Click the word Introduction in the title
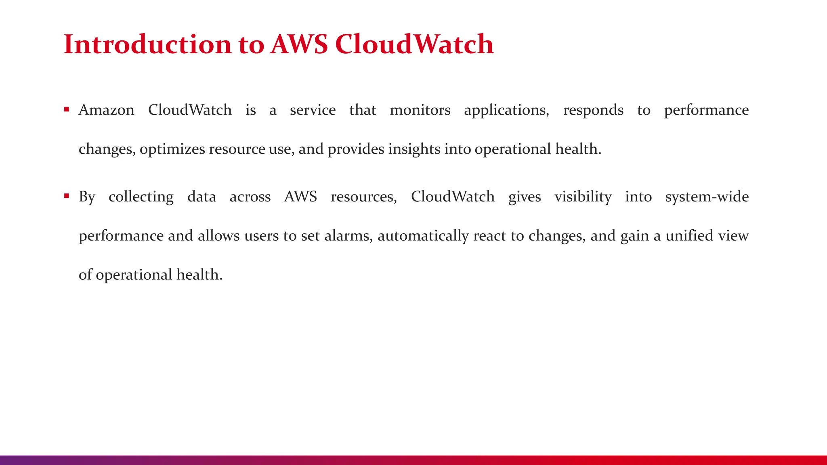point(148,44)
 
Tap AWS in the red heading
point(299,44)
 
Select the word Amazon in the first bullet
point(106,110)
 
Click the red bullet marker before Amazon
point(67,109)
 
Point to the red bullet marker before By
point(67,196)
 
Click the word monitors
point(420,110)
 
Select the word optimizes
point(172,149)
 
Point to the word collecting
point(141,197)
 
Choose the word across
point(250,197)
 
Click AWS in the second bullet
point(300,197)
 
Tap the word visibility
point(583,197)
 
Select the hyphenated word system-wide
point(707,197)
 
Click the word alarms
point(348,236)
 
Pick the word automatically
point(423,236)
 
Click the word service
point(313,110)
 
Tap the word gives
point(525,197)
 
